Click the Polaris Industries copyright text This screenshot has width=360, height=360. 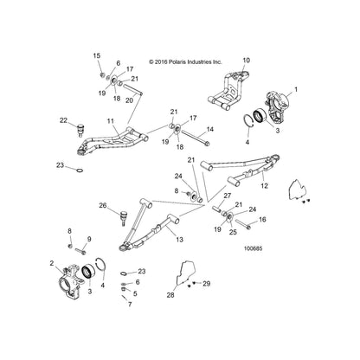(x=185, y=62)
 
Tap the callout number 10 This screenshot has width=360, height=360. (x=247, y=61)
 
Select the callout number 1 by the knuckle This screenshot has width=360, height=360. (x=295, y=90)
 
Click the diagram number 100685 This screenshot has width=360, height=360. (x=253, y=248)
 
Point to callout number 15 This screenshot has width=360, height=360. (x=97, y=55)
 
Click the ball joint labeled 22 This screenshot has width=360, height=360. (x=80, y=131)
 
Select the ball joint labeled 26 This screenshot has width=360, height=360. (x=124, y=218)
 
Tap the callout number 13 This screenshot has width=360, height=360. (x=179, y=239)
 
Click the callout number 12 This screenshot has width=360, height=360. (x=264, y=186)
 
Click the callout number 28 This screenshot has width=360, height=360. (x=170, y=295)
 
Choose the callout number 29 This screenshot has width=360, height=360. (x=207, y=284)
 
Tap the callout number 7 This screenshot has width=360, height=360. (x=130, y=305)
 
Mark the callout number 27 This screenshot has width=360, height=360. (x=228, y=196)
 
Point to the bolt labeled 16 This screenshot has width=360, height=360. (x=243, y=224)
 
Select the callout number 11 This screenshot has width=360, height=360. (x=111, y=121)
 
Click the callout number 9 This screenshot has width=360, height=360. (x=89, y=239)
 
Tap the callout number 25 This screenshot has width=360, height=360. (x=233, y=232)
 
